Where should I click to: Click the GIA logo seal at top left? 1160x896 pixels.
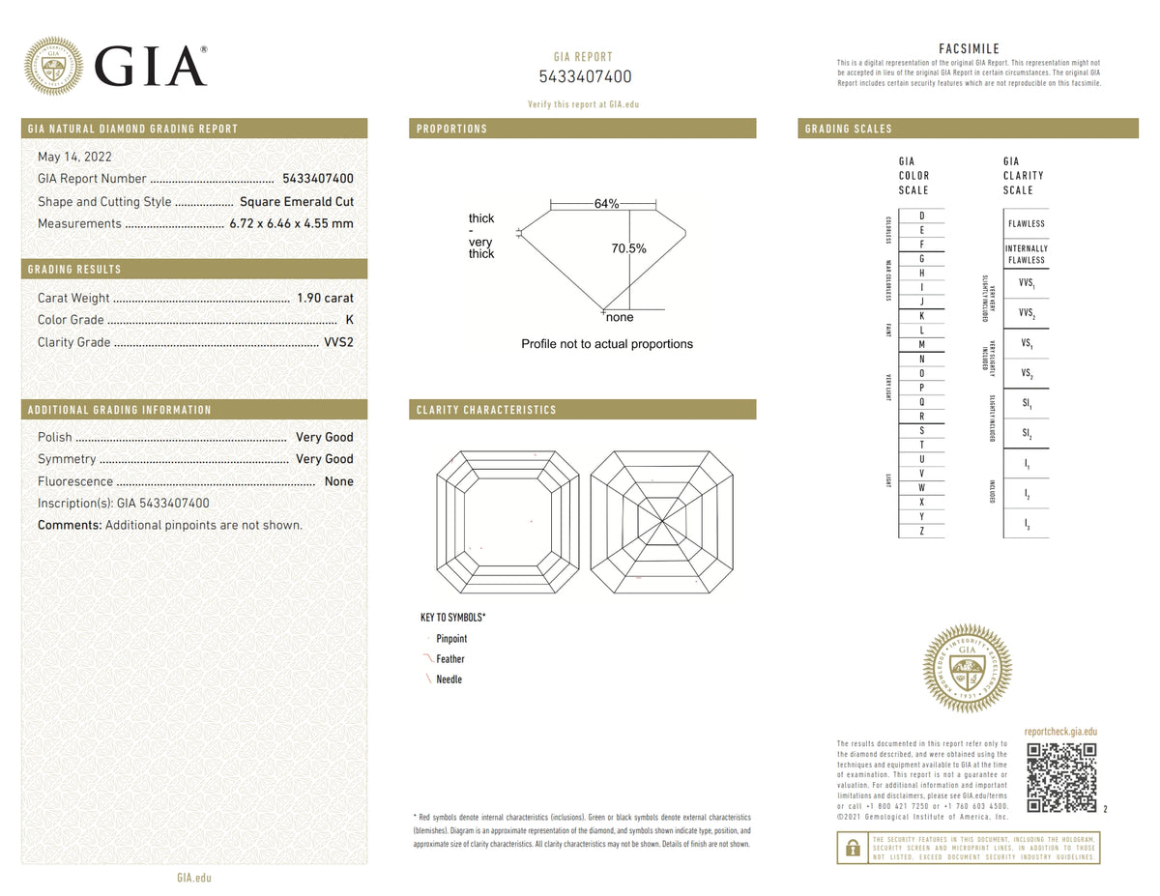(x=53, y=66)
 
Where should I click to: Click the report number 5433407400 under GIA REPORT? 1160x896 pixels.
(x=585, y=77)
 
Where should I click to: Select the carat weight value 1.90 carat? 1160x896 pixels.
(x=325, y=298)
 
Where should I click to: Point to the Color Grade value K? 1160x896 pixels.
(x=348, y=320)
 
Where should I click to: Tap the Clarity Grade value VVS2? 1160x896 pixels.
(x=337, y=342)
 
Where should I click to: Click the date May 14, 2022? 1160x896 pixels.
(x=73, y=157)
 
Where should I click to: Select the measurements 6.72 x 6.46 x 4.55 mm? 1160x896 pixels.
(x=291, y=223)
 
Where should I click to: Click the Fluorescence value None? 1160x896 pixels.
(x=338, y=481)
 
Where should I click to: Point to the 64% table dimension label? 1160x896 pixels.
(x=606, y=204)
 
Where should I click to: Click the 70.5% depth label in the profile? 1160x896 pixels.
(x=628, y=248)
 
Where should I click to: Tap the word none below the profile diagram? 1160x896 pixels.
(x=620, y=317)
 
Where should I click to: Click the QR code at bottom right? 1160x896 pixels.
(x=1061, y=777)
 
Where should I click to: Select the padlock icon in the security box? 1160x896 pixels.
(x=852, y=848)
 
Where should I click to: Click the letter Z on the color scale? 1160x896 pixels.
(x=921, y=531)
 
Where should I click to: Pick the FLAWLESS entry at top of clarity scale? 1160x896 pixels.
(x=1026, y=223)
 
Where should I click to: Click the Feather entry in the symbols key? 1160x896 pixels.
(x=450, y=659)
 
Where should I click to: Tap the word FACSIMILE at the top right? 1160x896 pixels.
(x=969, y=49)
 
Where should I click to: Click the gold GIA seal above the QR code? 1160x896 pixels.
(x=968, y=668)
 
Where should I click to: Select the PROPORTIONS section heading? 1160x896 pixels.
(x=451, y=129)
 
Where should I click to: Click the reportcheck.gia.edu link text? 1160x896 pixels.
(x=1060, y=733)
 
